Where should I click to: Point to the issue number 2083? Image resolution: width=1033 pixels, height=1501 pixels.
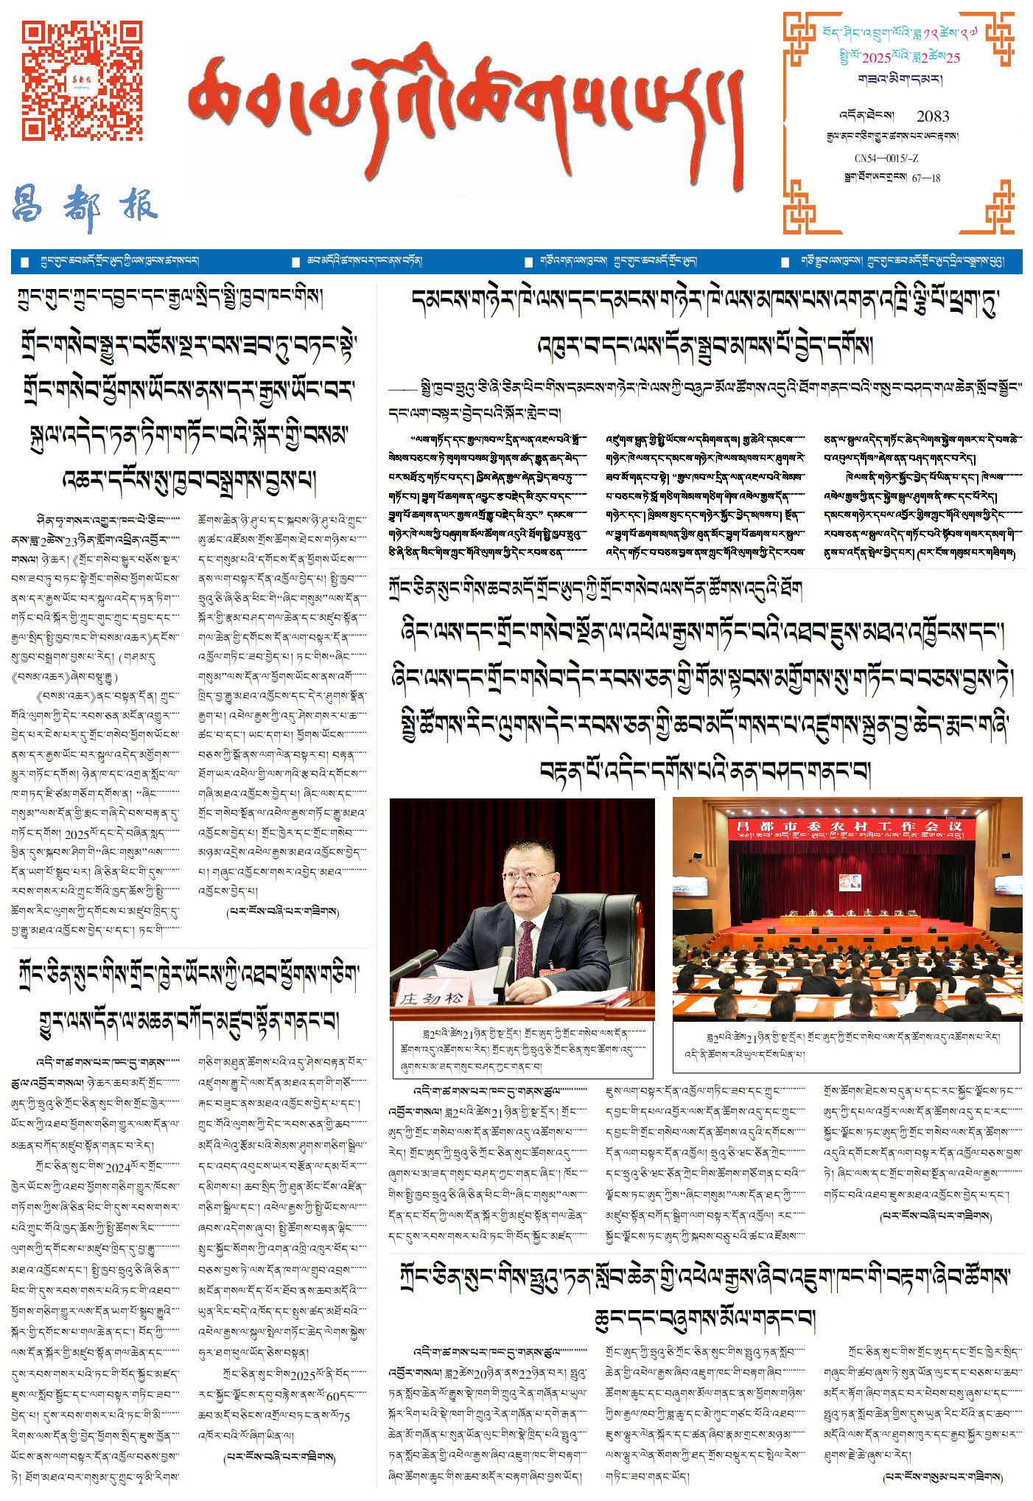[932, 116]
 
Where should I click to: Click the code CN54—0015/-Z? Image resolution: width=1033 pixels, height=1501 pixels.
[886, 159]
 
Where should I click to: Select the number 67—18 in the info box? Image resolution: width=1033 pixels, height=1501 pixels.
[925, 178]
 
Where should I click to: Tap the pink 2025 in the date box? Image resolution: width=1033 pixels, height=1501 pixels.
[876, 58]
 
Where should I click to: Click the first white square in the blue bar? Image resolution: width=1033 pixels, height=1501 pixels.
[24, 262]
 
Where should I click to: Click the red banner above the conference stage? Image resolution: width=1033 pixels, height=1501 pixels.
[847, 829]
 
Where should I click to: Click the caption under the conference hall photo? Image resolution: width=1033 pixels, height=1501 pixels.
[846, 1045]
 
